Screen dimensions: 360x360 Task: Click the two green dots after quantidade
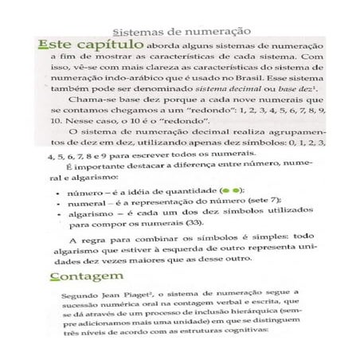pyautogui.click(x=232, y=192)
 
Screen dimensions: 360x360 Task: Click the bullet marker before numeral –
pyautogui.click(x=61, y=205)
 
